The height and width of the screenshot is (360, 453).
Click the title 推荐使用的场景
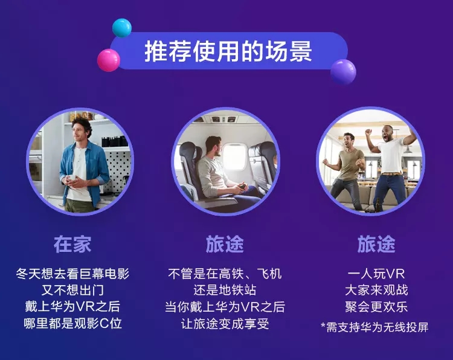228,51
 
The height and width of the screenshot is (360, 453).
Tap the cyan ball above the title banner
122,28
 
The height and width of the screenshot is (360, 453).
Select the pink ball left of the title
109,60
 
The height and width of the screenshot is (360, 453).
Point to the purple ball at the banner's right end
343,72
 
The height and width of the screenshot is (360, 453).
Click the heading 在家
72,244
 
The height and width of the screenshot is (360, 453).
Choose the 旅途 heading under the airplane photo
225,244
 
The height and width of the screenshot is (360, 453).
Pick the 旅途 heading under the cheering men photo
376,244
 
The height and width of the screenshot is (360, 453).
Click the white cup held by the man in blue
71,178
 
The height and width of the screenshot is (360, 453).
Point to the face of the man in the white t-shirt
386,133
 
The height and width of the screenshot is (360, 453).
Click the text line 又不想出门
72,290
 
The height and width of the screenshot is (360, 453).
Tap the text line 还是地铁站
225,290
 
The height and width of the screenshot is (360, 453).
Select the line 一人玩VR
376,274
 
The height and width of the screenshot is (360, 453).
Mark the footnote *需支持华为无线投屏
374,327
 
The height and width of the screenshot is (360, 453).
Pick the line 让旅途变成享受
225,323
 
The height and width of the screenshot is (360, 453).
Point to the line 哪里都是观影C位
72,323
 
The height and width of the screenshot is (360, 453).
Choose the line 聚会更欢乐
376,307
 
